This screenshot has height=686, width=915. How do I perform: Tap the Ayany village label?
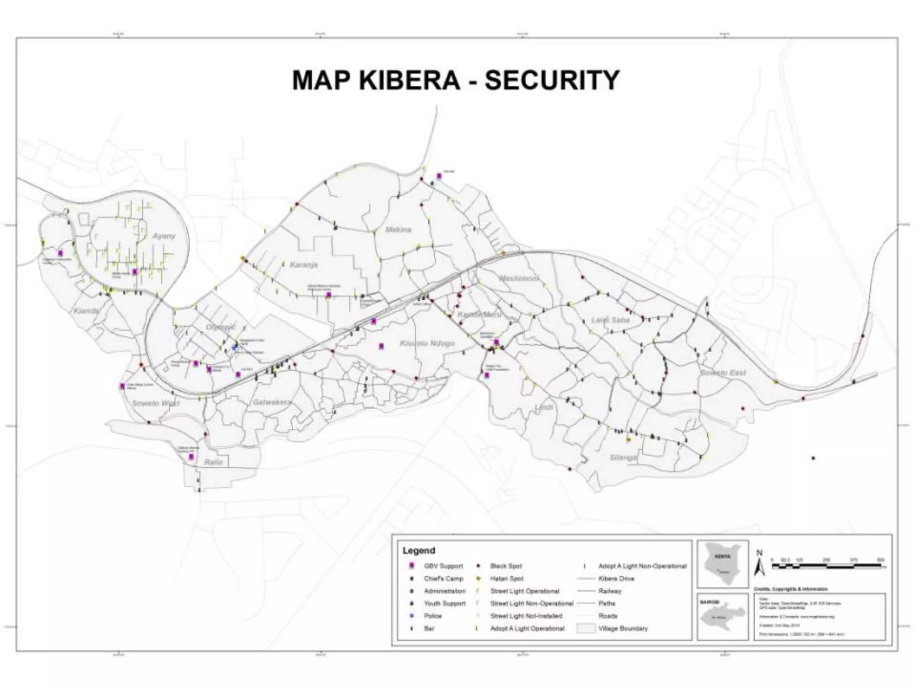(164, 236)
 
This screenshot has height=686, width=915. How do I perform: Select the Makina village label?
(398, 230)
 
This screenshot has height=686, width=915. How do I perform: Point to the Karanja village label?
(304, 264)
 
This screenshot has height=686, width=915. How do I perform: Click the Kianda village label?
(86, 310)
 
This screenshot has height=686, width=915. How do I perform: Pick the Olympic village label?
(220, 327)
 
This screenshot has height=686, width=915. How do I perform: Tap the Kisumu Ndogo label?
(427, 343)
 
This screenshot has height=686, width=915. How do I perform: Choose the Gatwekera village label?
(272, 402)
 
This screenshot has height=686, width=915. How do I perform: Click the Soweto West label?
(155, 403)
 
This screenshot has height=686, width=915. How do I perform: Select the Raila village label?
(213, 462)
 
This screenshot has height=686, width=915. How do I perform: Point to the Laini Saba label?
(610, 320)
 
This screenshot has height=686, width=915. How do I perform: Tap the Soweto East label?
(722, 372)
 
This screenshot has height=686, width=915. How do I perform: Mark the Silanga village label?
(623, 458)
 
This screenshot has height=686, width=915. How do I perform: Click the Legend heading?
(419, 550)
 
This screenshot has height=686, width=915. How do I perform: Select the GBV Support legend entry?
(443, 566)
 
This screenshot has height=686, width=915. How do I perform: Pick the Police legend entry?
(432, 616)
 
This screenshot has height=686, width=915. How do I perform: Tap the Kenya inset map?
(722, 564)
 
